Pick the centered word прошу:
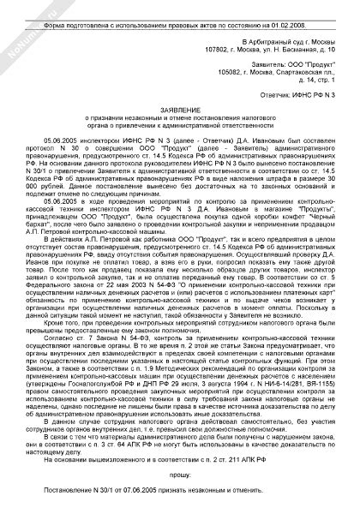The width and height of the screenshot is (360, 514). click(x=181, y=475)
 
